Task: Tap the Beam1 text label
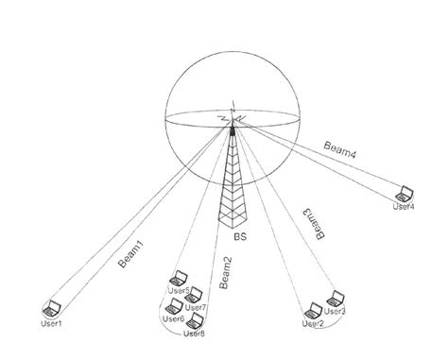[132, 255]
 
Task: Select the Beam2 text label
[225, 274]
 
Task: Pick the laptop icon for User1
[52, 307]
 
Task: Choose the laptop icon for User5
[177, 280]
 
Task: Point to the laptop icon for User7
[198, 295]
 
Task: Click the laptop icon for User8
[197, 321]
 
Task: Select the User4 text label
[404, 206]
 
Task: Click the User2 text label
[312, 323]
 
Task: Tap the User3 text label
[336, 311]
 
